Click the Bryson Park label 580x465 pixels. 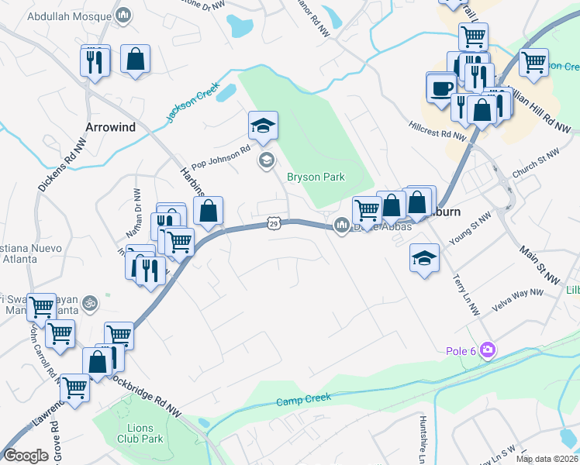pyautogui.click(x=316, y=177)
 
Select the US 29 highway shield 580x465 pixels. pyautogui.click(x=273, y=223)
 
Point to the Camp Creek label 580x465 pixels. pyautogui.click(x=304, y=399)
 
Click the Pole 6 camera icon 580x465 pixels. pyautogui.click(x=487, y=350)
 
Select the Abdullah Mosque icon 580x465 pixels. pyautogui.click(x=123, y=15)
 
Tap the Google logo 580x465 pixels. pyautogui.click(x=26, y=456)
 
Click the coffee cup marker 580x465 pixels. pyautogui.click(x=442, y=87)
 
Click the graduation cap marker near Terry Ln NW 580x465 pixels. pyautogui.click(x=424, y=257)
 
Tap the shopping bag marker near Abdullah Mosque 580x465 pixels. pyautogui.click(x=135, y=59)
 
